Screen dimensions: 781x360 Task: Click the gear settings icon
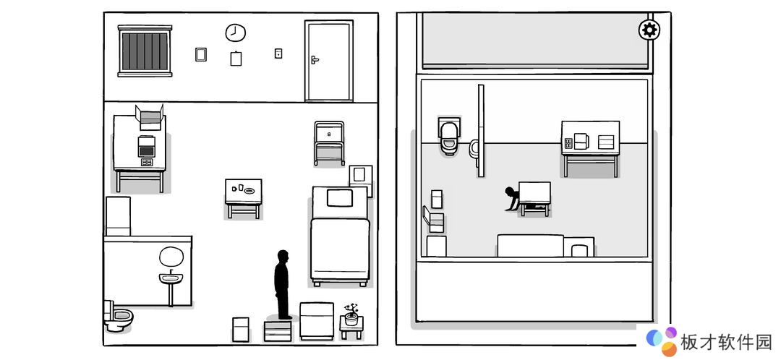click(649, 30)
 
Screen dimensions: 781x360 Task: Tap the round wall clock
click(236, 33)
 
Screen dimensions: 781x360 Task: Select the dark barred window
click(145, 51)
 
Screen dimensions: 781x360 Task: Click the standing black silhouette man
click(283, 284)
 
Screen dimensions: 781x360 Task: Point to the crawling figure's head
click(510, 192)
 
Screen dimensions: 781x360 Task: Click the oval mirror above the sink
click(171, 257)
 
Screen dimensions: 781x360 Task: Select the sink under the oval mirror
click(171, 278)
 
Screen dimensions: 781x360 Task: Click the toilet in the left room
click(118, 316)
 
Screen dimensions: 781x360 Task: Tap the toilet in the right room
click(449, 135)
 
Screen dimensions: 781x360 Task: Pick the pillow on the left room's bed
click(340, 197)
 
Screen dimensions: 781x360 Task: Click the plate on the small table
click(249, 190)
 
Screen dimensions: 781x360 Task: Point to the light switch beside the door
click(278, 53)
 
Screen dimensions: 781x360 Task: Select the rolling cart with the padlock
click(329, 143)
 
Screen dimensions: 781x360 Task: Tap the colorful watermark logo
click(662, 341)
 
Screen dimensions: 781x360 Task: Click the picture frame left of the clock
click(201, 54)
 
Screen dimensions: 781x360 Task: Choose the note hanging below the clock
click(236, 59)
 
